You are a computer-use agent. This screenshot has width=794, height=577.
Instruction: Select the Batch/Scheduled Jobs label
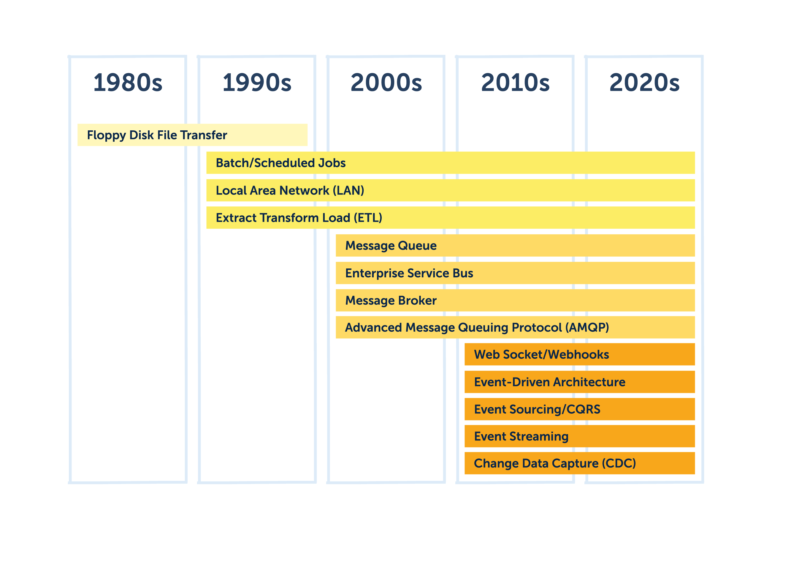click(x=280, y=163)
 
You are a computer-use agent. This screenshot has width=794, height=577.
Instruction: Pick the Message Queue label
click(x=391, y=246)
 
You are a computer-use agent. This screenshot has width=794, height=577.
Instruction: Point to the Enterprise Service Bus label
click(x=409, y=273)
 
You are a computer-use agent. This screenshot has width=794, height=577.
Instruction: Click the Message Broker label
click(x=391, y=301)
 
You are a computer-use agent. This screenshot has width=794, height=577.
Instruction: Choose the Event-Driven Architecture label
click(x=549, y=382)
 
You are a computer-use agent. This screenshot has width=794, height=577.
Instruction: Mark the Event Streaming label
click(x=521, y=437)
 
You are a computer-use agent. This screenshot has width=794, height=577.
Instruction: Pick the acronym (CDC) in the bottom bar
click(x=619, y=464)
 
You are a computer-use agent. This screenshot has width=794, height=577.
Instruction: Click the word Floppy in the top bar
click(x=106, y=135)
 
